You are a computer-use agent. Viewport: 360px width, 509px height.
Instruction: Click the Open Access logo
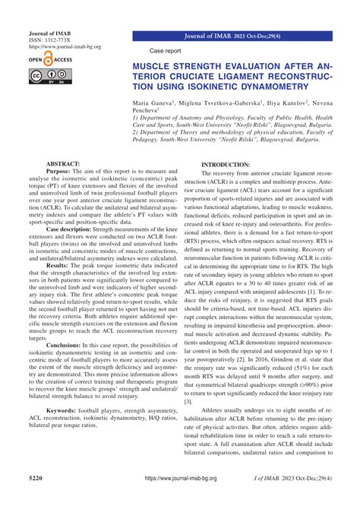[x=47, y=58]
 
